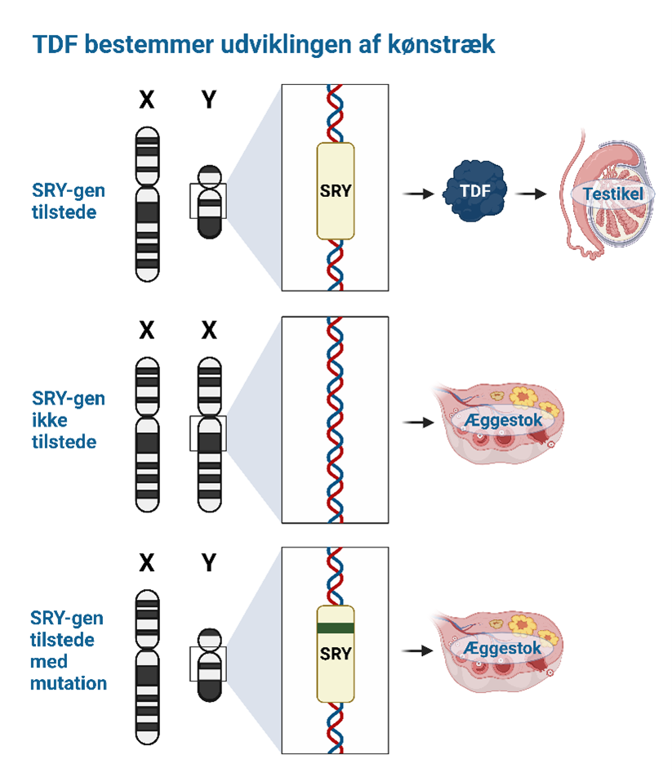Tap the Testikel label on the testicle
click(x=612, y=194)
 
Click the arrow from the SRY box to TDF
click(x=417, y=194)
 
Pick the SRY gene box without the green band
click(x=336, y=191)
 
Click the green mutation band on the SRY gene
click(x=336, y=628)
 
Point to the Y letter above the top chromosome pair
click(x=209, y=101)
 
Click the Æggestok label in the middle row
click(x=501, y=419)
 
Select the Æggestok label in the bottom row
click(x=501, y=648)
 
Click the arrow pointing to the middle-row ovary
click(x=417, y=422)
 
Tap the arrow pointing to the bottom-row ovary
click(x=417, y=651)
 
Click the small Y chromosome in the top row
click(x=210, y=201)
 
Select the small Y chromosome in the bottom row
click(x=210, y=664)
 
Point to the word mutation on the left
click(x=69, y=682)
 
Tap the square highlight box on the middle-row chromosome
click(x=208, y=432)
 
